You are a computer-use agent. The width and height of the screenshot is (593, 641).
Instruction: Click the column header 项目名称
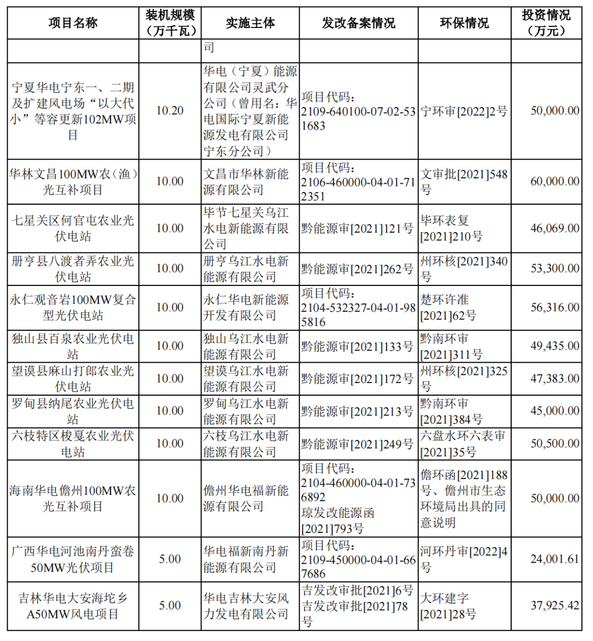coord(73,23)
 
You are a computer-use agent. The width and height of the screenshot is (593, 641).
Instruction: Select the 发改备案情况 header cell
coord(358,23)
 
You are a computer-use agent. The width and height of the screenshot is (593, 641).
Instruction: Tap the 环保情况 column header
coord(464,23)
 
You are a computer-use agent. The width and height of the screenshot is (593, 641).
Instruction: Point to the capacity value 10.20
coord(170,111)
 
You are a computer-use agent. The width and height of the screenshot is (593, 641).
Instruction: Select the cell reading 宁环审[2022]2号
coord(464,111)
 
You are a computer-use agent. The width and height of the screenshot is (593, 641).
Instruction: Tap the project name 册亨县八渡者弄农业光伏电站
coord(73,268)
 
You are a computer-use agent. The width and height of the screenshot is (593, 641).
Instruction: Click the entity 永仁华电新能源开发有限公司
coord(246,307)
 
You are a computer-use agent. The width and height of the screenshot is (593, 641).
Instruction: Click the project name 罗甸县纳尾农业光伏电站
coord(73,411)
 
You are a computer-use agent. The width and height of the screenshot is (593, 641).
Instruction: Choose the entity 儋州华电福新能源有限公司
coord(246,498)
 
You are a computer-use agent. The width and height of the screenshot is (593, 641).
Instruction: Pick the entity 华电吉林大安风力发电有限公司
coord(246,606)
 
